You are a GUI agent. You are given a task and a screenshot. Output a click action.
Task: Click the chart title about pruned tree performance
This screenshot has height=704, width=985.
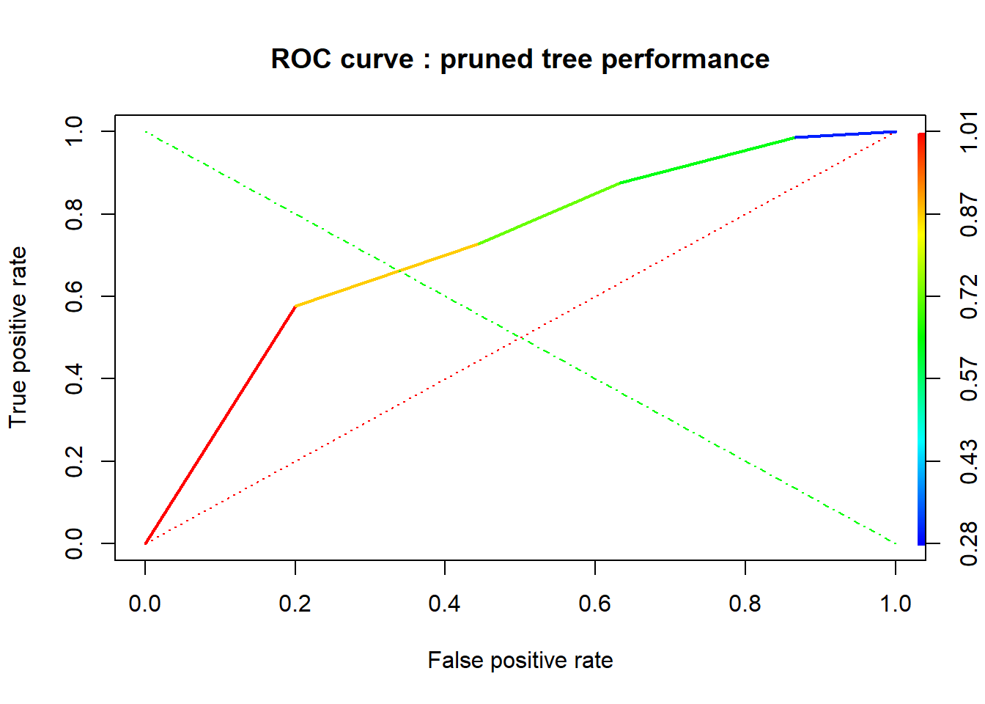(x=520, y=59)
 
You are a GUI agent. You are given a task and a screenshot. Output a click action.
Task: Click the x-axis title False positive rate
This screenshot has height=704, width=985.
(x=520, y=660)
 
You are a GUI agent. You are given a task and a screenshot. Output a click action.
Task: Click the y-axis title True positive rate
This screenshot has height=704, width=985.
(x=18, y=337)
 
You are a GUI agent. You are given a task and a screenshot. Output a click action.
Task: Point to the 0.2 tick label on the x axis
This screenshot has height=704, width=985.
(x=295, y=604)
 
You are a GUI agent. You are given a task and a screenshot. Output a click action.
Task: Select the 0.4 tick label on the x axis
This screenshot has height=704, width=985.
(x=445, y=604)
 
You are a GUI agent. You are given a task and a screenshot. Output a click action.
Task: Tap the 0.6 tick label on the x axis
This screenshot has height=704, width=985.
(x=595, y=604)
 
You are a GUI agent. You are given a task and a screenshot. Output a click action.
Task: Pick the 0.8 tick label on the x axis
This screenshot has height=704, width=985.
(x=745, y=604)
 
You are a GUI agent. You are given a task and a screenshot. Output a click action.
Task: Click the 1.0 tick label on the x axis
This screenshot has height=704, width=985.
(x=895, y=604)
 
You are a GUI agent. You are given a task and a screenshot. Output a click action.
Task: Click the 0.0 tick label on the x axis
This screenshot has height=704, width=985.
(x=145, y=604)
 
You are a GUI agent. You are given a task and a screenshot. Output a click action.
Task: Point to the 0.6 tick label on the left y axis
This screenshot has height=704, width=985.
(x=74, y=296)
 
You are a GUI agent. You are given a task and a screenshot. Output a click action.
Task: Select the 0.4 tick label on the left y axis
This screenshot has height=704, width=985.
(x=74, y=378)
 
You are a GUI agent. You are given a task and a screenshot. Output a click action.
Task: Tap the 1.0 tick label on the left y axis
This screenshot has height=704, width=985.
(x=74, y=131)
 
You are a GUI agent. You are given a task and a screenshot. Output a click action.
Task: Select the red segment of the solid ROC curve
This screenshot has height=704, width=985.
(x=220, y=425)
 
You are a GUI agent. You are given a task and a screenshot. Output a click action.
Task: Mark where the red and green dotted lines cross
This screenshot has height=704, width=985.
(x=520, y=337)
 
